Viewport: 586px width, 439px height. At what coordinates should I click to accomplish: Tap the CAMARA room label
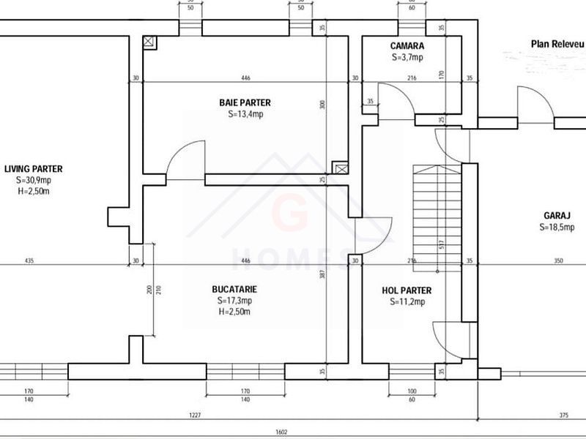407,45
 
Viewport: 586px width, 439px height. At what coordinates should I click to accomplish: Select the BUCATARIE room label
236,289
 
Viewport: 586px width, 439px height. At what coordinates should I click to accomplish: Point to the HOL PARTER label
407,290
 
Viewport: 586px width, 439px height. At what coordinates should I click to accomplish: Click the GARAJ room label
558,216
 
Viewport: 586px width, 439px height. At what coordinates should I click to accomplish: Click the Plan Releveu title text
557,44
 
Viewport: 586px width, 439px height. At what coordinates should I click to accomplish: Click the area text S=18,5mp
558,227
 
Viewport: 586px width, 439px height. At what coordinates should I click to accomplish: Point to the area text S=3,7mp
407,56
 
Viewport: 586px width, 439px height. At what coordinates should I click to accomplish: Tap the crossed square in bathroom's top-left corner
149,42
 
